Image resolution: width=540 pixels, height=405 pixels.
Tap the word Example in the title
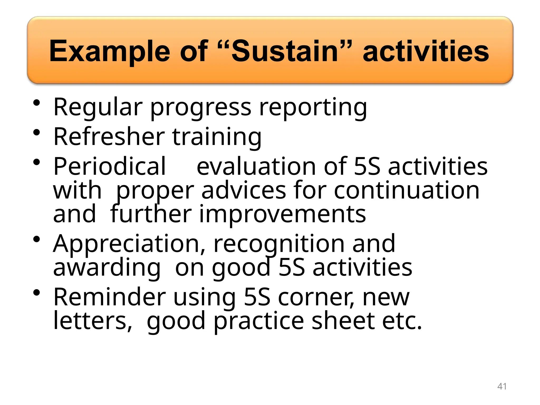point(109,51)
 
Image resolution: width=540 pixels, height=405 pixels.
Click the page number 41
point(502,386)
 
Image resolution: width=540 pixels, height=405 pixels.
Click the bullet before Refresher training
point(37,132)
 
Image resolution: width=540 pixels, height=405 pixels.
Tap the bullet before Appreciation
point(37,239)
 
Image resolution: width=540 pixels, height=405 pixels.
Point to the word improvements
point(282,214)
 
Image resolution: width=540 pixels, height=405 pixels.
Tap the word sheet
point(343,321)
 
